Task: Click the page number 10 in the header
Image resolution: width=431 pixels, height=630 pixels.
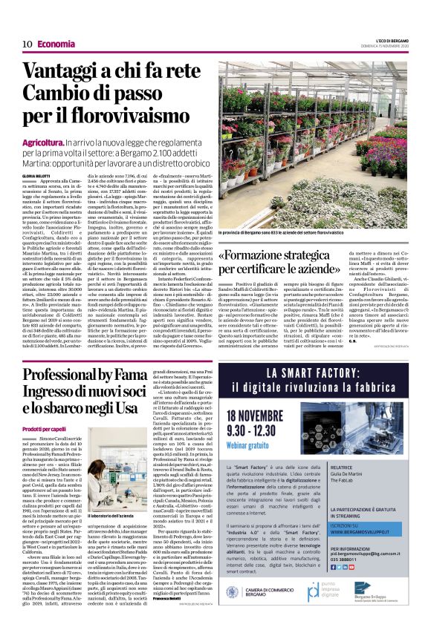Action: click(26, 44)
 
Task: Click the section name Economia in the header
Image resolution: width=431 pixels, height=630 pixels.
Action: click(56, 44)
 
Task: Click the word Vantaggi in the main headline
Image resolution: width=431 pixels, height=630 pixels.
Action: click(63, 72)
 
